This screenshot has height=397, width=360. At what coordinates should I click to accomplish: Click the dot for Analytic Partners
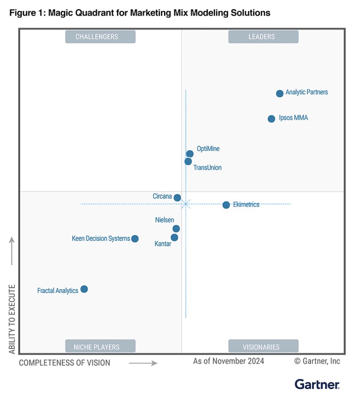[x=280, y=93]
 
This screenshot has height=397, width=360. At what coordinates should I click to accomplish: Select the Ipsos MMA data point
[x=271, y=119]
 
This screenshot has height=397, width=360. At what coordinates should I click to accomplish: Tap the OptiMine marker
[x=190, y=154]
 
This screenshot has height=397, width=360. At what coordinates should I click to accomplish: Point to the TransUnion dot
[x=188, y=162]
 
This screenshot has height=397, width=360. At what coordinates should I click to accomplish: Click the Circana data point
[x=177, y=198]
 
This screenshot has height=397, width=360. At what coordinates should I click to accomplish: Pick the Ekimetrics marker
[x=226, y=205]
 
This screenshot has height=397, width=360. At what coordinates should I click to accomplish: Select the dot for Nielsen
[x=176, y=228]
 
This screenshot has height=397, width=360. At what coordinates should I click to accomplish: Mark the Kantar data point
[x=174, y=238]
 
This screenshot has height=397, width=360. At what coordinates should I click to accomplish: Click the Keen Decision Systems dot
[x=135, y=239]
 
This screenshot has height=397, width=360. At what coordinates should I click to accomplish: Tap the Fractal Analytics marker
[x=84, y=289]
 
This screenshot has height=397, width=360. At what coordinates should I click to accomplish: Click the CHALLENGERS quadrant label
[x=100, y=37]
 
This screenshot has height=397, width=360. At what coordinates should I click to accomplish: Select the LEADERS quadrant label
[x=263, y=37]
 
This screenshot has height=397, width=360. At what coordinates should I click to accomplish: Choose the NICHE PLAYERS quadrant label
[x=100, y=347]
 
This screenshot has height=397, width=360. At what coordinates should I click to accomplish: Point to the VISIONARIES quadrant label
[x=263, y=347]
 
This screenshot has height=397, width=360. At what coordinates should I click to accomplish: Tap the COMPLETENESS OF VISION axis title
[x=65, y=363]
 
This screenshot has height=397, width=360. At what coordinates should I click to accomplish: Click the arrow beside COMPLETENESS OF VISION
[x=143, y=363]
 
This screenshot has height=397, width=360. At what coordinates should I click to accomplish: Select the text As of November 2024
[x=229, y=361]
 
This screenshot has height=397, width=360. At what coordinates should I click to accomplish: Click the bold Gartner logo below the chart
[x=317, y=384]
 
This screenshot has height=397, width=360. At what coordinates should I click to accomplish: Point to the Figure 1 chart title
[x=140, y=13]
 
